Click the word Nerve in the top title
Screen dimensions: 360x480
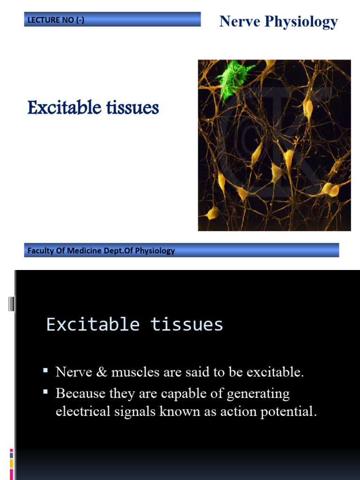tap(240, 22)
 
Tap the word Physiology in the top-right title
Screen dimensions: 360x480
tap(301, 22)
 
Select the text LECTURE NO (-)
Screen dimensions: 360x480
tap(56, 20)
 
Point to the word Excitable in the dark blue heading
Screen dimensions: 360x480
tap(65, 107)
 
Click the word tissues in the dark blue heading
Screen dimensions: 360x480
tap(133, 108)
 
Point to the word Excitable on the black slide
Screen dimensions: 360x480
tap(93, 324)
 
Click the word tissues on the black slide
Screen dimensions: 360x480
tap(187, 324)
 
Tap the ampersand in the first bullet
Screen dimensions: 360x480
tap(102, 372)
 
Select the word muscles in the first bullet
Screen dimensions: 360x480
tap(135, 372)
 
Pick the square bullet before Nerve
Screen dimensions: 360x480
tap(45, 370)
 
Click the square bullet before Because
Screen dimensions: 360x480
tap(45, 391)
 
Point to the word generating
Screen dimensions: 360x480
tap(258, 394)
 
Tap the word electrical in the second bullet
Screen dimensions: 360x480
tap(82, 411)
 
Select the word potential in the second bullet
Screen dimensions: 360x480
tap(288, 412)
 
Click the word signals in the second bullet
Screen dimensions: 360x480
tap(135, 412)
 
